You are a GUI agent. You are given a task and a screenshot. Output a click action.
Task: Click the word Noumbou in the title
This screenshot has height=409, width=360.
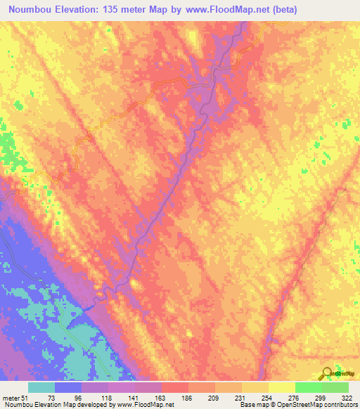click(x=30, y=10)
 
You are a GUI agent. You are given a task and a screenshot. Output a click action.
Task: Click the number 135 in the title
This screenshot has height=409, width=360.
click(x=112, y=10)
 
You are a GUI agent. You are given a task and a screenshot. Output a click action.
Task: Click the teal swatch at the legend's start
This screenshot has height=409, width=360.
click(x=41, y=387)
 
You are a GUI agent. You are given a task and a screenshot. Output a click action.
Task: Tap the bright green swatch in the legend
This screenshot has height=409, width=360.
click(x=308, y=387)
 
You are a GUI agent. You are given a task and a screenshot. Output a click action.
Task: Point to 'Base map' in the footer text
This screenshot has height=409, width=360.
click(x=250, y=405)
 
